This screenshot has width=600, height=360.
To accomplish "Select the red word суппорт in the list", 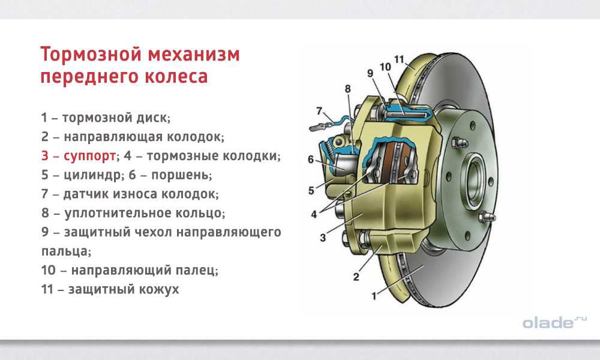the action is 89,157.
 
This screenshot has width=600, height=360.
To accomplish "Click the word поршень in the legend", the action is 181,175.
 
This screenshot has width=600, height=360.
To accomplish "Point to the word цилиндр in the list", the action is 92,175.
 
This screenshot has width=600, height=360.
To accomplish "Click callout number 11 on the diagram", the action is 399,59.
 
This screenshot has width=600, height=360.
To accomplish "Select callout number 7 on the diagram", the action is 320,111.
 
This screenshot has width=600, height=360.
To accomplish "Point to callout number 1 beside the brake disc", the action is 374,295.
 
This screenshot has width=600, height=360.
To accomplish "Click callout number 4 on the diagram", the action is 314,214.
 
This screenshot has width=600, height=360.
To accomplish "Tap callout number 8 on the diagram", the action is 347,89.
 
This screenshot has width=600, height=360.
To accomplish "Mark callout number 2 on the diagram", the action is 356,277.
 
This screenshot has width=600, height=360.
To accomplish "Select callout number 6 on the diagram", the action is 311,159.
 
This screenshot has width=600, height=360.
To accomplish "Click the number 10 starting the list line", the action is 49,270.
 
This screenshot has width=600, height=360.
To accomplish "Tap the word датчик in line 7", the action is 80,194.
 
